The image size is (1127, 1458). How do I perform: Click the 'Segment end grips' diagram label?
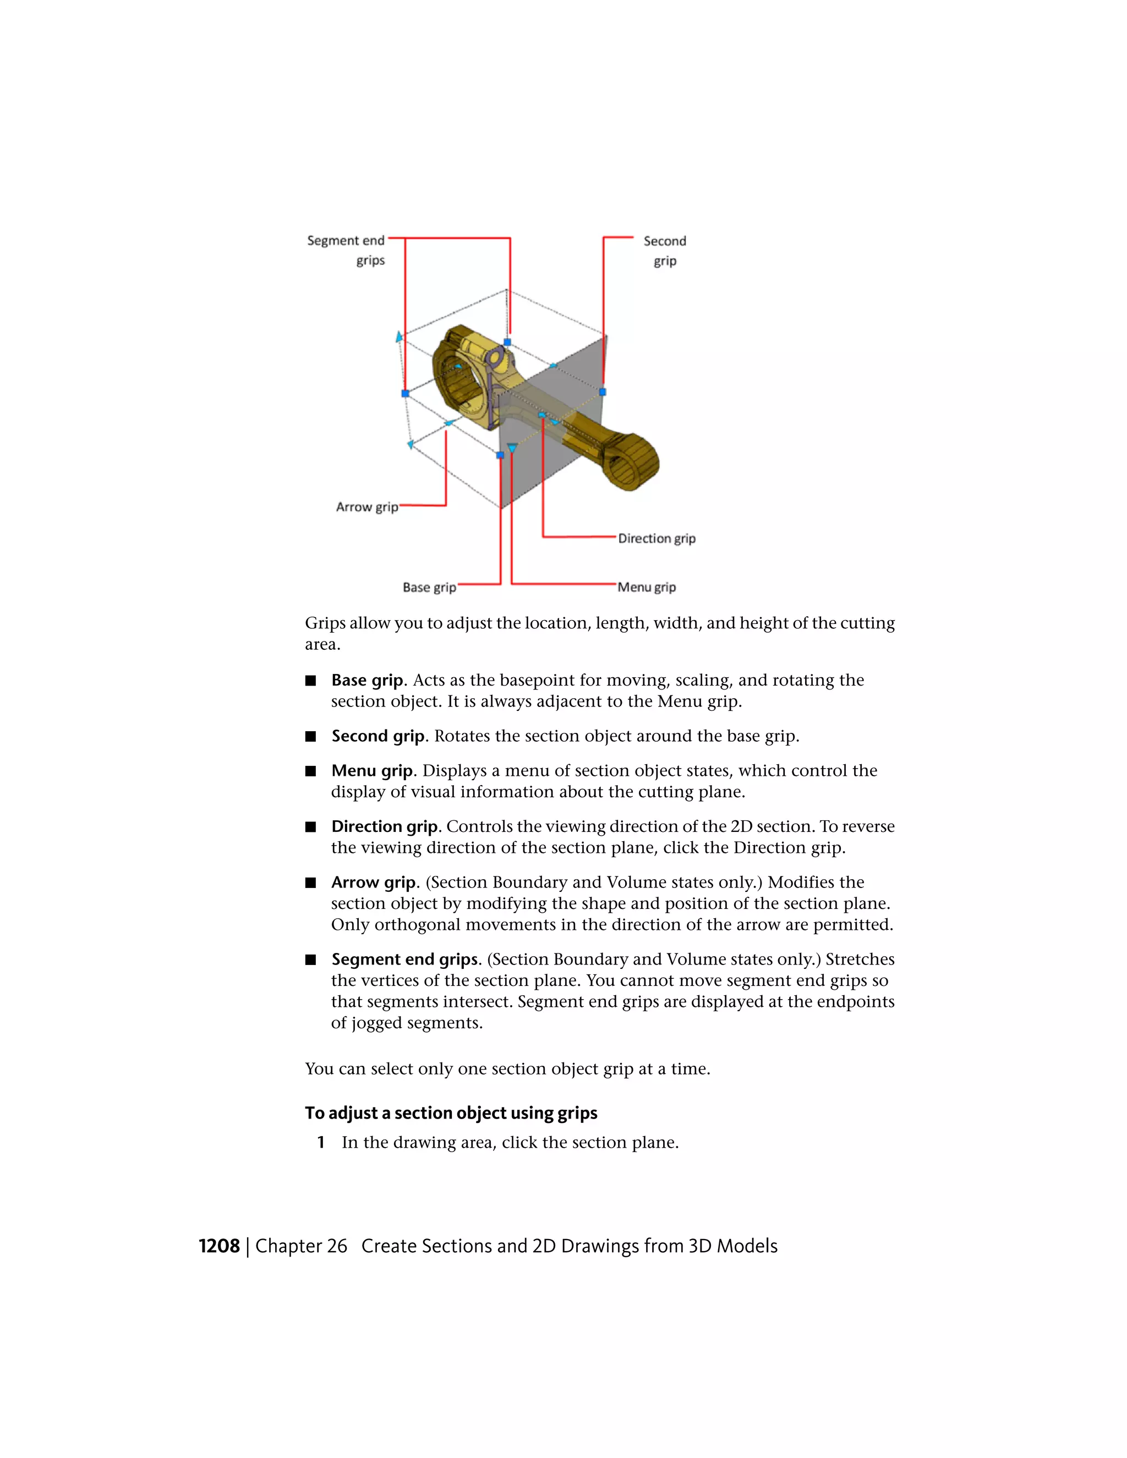click(346, 250)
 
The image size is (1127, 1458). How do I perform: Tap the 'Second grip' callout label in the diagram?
click(664, 250)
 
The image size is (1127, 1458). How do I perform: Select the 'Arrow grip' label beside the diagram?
click(366, 507)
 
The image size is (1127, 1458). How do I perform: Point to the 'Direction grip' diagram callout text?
click(656, 538)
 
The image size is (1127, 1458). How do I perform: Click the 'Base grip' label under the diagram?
click(429, 588)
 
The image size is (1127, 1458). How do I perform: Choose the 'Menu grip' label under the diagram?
click(646, 588)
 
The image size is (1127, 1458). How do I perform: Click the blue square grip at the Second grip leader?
click(602, 392)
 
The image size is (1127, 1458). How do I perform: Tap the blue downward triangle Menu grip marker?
click(512, 448)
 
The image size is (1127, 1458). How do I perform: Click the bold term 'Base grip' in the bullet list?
click(367, 680)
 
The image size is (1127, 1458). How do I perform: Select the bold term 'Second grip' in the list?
click(378, 736)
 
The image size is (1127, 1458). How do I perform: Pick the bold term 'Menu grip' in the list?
click(372, 771)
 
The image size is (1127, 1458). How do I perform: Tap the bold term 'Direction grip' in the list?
click(385, 827)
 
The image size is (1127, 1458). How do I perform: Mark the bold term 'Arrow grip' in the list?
click(373, 883)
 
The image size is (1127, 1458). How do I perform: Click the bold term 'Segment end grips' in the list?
click(405, 960)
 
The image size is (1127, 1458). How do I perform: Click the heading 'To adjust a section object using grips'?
click(451, 1114)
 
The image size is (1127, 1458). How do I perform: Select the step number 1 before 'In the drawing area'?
click(321, 1143)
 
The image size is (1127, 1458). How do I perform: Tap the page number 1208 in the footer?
click(219, 1246)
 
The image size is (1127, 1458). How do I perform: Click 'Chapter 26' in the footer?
click(301, 1246)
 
